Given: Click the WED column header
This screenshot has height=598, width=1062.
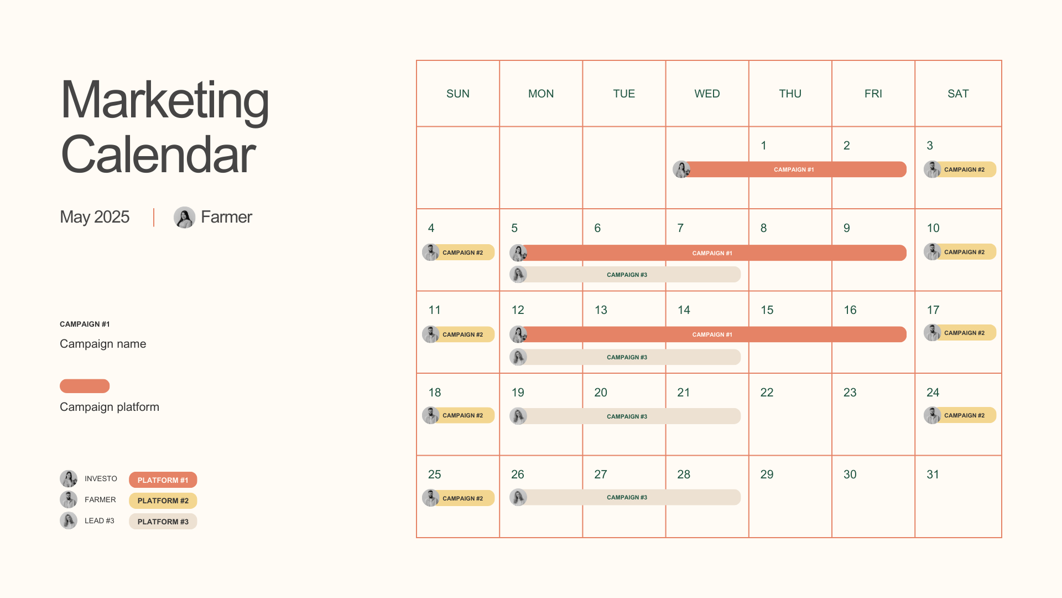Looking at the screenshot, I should tap(707, 94).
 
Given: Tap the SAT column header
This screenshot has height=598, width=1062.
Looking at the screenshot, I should tap(958, 94).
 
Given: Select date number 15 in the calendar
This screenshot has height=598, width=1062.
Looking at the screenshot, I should tap(767, 310).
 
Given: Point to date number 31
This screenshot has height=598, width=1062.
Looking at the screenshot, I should tap(933, 475).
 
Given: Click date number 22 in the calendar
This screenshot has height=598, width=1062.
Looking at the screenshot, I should tap(767, 393).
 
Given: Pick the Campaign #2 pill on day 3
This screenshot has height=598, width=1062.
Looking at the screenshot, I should tap(964, 169).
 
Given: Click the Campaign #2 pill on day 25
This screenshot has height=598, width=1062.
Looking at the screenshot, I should tap(462, 498).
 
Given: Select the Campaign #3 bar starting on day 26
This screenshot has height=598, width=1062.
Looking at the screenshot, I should tap(627, 497).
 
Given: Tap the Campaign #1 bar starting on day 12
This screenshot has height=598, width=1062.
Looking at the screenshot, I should tap(712, 334).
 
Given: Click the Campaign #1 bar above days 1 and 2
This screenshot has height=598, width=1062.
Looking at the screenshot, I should tap(794, 169).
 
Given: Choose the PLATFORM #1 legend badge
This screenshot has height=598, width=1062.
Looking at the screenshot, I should tap(163, 480).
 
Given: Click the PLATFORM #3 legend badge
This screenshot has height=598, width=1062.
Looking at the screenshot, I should tap(163, 522).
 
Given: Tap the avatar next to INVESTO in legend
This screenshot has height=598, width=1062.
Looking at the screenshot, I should tap(69, 479).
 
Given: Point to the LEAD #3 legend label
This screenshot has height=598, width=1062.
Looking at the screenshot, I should tap(100, 521).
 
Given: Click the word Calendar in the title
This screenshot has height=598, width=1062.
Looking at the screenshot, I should tap(158, 155).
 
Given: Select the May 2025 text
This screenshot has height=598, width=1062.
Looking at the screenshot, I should tap(95, 217).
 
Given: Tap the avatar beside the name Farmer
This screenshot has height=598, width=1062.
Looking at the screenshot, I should tap(184, 218).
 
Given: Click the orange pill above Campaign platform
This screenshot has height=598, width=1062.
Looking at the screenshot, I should tap(85, 386).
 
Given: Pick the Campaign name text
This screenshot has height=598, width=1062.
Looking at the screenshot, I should tap(103, 344).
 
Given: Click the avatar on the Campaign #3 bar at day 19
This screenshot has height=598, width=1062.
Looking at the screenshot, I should tap(518, 416).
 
